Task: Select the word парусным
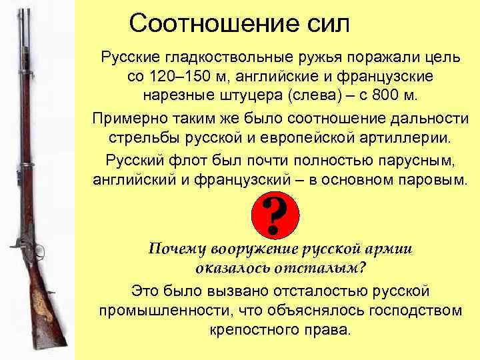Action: click(413, 161)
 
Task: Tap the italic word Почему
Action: click(177, 249)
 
